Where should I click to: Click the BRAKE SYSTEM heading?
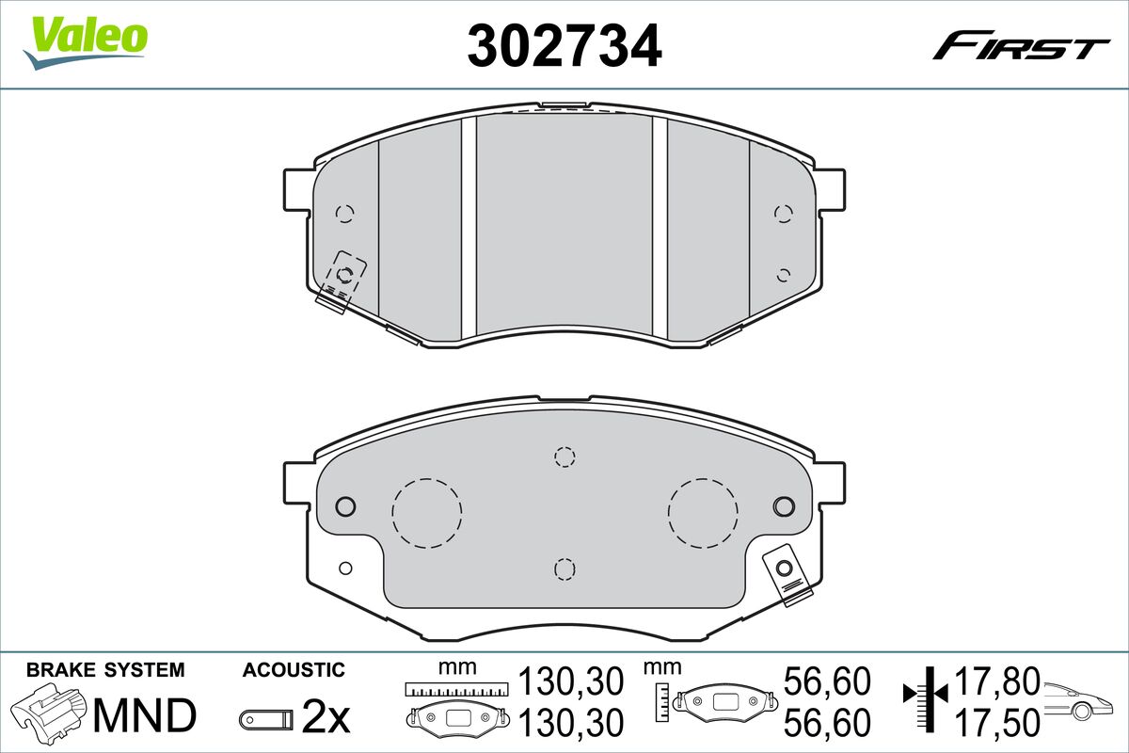pyautogui.click(x=105, y=670)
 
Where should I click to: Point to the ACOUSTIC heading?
pyautogui.click(x=294, y=670)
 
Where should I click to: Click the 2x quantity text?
pyautogui.click(x=326, y=719)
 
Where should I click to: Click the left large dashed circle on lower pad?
pyautogui.click(x=427, y=513)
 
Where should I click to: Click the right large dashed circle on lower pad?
pyautogui.click(x=703, y=513)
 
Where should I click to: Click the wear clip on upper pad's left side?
pyautogui.click(x=342, y=279)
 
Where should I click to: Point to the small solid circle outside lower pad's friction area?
pyautogui.click(x=345, y=568)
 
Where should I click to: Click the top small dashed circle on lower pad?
pyautogui.click(x=564, y=457)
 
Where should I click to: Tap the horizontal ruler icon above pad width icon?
pyautogui.click(x=454, y=689)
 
